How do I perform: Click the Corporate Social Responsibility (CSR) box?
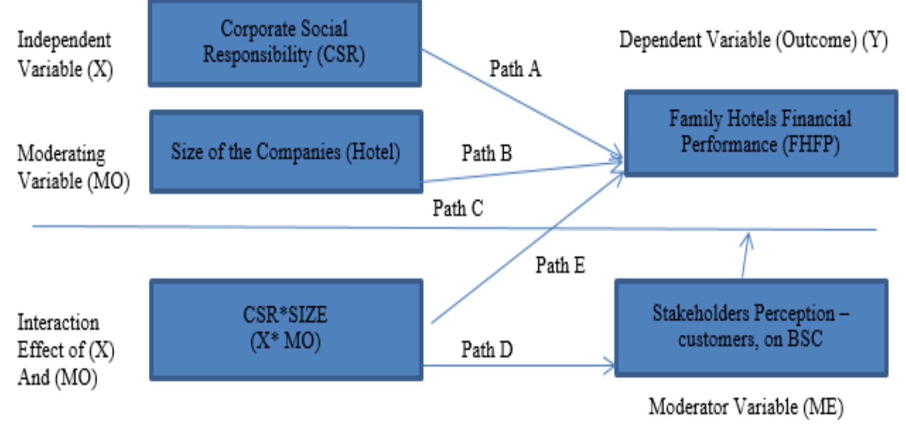click(285, 44)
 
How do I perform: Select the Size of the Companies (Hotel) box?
click(286, 152)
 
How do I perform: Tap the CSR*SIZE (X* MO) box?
click(286, 329)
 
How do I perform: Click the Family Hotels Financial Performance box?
click(761, 133)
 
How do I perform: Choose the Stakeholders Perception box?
click(751, 327)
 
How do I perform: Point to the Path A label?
click(515, 69)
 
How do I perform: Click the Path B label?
click(486, 154)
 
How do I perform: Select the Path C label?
click(458, 209)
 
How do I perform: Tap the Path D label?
click(486, 350)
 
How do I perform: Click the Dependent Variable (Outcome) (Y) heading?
click(753, 40)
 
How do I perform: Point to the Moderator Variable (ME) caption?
click(746, 407)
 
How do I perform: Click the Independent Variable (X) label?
click(65, 54)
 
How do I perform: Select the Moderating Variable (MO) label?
click(73, 167)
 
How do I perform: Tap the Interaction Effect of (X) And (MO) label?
click(65, 350)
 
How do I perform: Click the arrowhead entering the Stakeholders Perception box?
click(610, 366)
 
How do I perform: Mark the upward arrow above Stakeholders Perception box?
click(746, 254)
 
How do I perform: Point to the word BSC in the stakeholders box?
click(805, 339)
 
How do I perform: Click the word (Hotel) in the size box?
click(373, 152)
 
